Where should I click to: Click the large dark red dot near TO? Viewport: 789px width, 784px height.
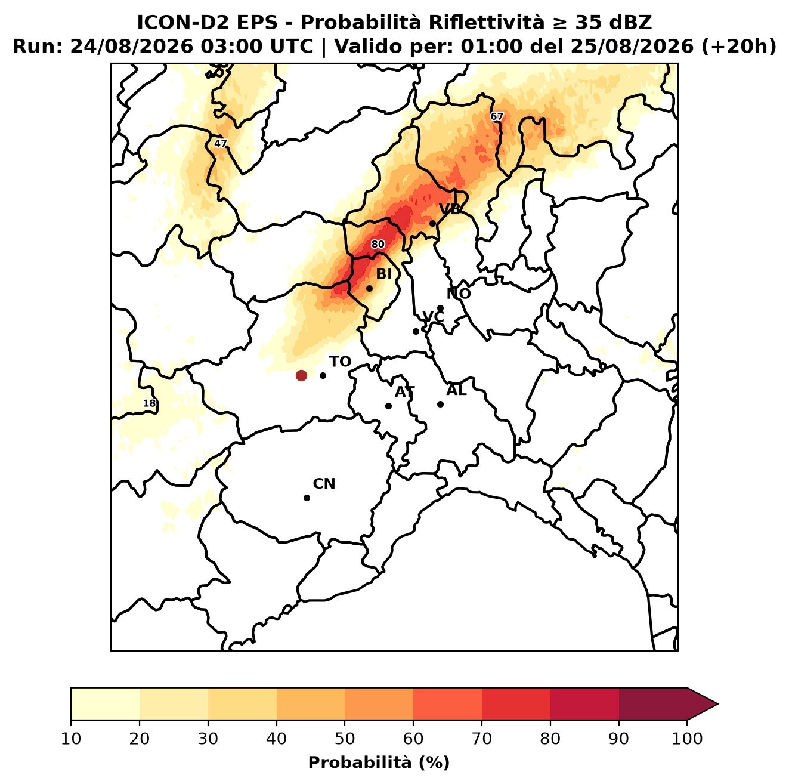301,375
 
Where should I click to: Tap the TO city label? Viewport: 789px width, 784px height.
340,362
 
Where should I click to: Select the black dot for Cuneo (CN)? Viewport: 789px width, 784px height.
307,498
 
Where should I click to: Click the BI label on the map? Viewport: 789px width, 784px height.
383,274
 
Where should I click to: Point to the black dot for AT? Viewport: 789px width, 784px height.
388,406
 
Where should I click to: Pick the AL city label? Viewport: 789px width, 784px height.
456,390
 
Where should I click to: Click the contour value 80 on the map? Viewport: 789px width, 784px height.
378,244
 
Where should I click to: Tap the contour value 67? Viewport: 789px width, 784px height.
496,117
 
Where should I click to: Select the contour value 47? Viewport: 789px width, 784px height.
220,143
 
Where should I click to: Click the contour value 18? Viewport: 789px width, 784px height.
149,403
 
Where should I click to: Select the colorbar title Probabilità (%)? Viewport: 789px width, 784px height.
379,763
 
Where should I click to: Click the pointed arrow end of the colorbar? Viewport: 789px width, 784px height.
717,705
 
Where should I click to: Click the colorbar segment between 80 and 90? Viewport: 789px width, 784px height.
584,705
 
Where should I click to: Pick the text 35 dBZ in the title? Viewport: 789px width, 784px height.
613,23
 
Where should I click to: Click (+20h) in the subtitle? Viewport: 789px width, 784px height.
739,47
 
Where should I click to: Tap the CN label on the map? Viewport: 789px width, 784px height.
324,484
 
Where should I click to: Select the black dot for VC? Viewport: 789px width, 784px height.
416,331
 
